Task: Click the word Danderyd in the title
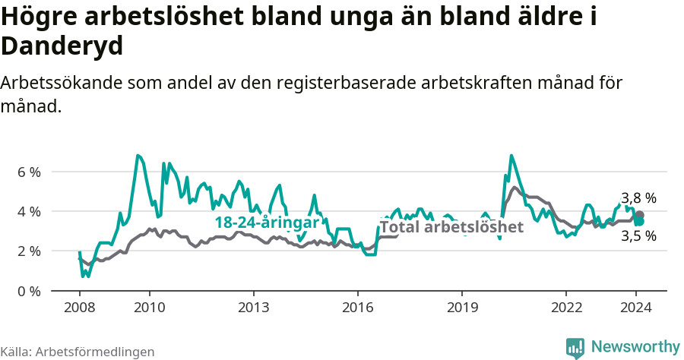coord(62,47)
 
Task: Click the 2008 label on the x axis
coord(79,308)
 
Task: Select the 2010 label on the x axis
coord(149,308)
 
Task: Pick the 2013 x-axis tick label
coord(253,308)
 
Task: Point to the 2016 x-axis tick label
coord(357,308)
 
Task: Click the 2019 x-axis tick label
coord(461,308)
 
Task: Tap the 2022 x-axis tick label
coord(565,308)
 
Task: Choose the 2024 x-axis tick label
coord(635,308)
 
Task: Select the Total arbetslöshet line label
coord(451,226)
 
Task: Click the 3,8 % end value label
coord(638,198)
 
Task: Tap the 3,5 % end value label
coord(638,236)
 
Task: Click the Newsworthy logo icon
coord(575,347)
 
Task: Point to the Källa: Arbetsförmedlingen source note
coord(78,352)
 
